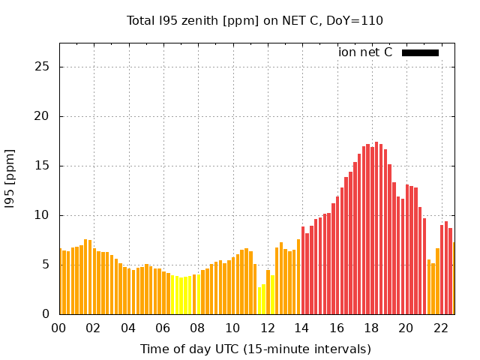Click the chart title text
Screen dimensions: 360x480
point(254,20)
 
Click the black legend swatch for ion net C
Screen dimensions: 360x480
point(420,52)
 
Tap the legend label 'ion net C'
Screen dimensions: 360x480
point(365,52)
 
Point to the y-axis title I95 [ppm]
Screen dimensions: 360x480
point(10,178)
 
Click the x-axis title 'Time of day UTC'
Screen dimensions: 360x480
point(255,349)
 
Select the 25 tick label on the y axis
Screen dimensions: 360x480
point(43,67)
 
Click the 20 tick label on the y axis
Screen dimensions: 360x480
point(43,116)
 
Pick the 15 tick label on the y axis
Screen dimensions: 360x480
point(43,166)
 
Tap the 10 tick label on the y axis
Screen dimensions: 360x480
point(43,215)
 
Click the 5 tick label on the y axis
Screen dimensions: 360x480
point(46,265)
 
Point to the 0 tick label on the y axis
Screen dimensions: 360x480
point(46,314)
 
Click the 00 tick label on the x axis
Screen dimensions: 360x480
point(59,328)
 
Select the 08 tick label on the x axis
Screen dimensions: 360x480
point(198,328)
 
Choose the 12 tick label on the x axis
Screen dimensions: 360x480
point(267,328)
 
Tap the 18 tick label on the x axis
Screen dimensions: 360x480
point(371,328)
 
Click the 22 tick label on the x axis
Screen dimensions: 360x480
point(440,328)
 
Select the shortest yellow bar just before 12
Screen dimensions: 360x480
point(259,301)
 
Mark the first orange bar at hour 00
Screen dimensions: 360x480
point(60,281)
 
